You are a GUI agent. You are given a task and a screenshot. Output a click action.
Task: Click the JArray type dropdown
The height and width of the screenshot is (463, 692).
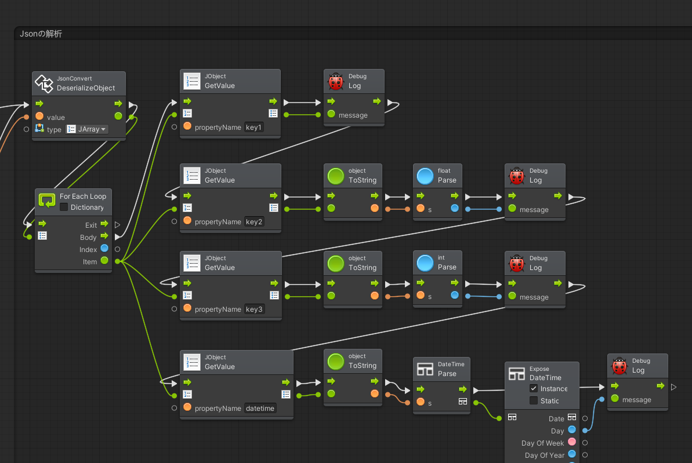pos(88,129)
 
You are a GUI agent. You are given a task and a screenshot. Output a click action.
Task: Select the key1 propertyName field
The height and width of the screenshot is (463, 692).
pos(254,127)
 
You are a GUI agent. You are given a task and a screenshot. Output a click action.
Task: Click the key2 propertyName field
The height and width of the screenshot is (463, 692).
pos(255,222)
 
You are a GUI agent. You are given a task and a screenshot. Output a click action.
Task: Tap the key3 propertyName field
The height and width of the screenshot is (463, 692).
pos(255,309)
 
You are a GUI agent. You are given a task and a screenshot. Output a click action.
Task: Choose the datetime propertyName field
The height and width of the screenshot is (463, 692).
pos(260,409)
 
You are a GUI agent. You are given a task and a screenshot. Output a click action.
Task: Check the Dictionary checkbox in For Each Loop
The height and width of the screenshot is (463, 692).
pos(64,207)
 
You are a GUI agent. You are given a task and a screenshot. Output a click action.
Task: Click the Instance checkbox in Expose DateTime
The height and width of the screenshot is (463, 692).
pos(534,389)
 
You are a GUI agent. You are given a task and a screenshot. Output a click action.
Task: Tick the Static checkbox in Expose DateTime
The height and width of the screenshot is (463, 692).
pos(534,401)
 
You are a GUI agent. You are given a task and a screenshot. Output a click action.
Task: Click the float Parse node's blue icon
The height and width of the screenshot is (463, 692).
pos(425,176)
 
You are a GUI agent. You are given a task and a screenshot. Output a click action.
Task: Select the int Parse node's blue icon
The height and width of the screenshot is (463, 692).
pos(425,263)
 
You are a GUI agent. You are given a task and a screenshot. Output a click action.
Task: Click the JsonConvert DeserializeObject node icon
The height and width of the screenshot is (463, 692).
pos(44,83)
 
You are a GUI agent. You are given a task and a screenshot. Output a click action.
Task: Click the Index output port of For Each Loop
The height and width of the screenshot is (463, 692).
pos(104,249)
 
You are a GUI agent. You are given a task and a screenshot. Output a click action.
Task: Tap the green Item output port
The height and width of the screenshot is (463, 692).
pos(104,261)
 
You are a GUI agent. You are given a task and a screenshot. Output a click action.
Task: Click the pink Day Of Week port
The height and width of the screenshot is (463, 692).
pos(572,443)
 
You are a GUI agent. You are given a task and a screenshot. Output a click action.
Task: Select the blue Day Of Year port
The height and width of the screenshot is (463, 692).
pos(572,455)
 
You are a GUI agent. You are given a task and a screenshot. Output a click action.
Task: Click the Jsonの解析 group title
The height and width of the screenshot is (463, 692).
pos(41,34)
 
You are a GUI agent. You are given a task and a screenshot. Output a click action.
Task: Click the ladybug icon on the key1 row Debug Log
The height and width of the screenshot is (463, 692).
pos(336,81)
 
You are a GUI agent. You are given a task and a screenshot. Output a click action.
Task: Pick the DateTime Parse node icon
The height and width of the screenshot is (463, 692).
pos(425,369)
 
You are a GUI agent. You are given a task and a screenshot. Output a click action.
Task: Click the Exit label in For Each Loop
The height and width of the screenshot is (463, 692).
pos(90,225)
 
